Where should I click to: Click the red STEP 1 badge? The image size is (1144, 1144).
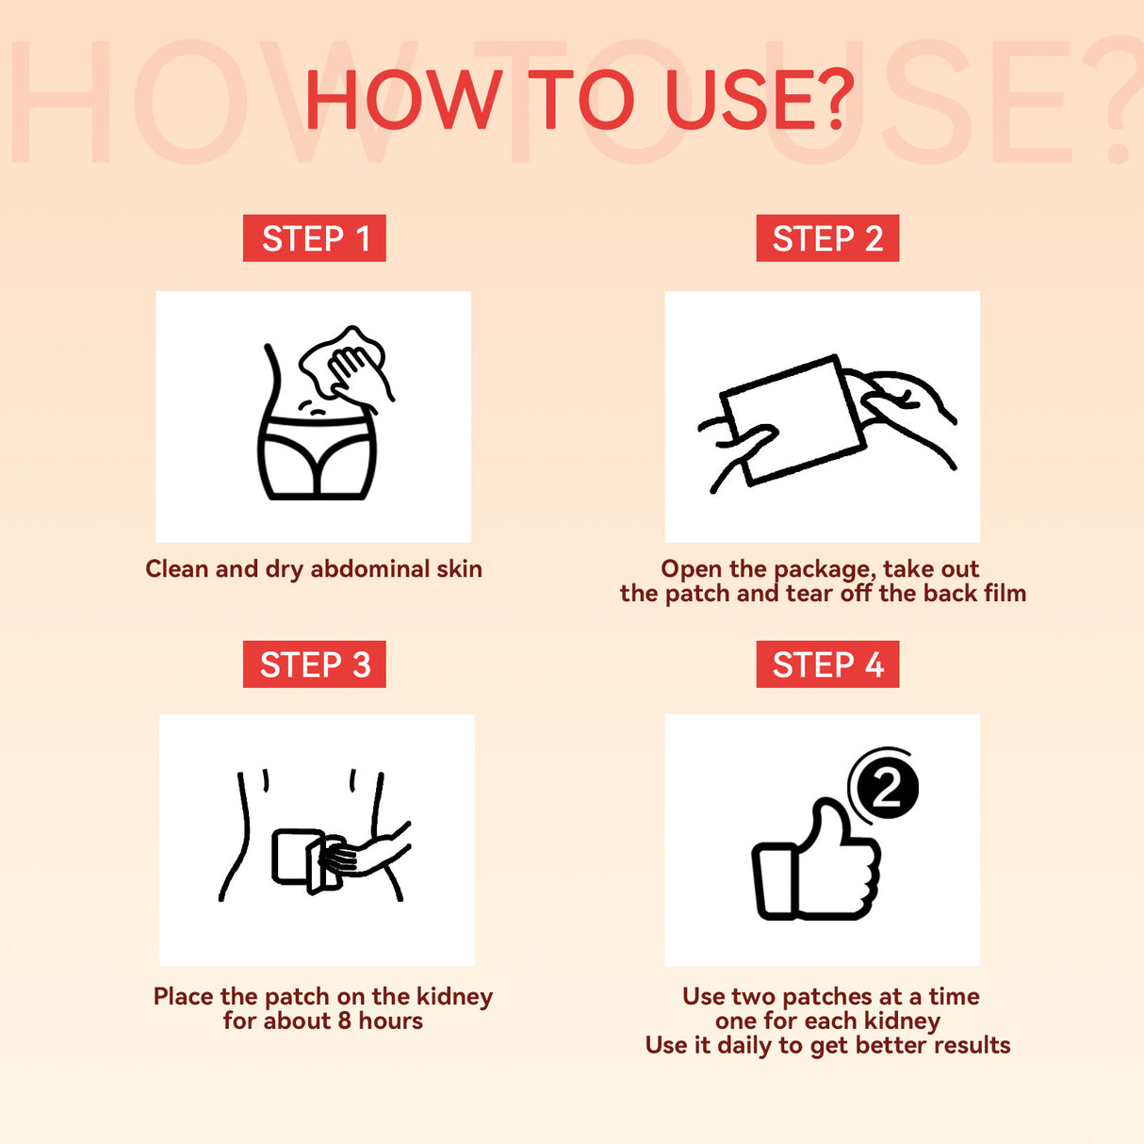(x=314, y=238)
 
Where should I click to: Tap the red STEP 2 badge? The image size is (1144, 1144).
(x=827, y=238)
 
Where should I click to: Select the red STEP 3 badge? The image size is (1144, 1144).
(x=314, y=663)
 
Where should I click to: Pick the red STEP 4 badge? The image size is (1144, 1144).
(x=827, y=663)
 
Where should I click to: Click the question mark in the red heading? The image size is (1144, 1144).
(x=834, y=99)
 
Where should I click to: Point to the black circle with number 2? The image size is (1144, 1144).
(x=888, y=788)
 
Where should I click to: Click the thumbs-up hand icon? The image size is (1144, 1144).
(x=816, y=859)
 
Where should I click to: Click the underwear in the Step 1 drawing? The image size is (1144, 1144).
(x=317, y=457)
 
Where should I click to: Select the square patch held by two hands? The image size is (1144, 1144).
(x=793, y=419)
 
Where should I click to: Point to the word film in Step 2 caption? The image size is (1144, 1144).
(x=1005, y=593)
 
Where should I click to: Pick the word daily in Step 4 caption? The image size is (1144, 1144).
(x=747, y=1046)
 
